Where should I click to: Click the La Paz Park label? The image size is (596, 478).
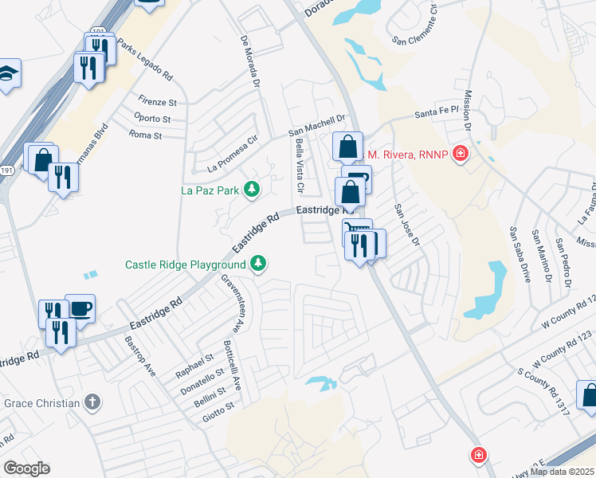[210, 190]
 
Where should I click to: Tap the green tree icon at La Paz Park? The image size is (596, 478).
[252, 189]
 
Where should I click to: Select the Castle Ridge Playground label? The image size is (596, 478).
[185, 264]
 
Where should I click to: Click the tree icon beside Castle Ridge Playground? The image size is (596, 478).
[257, 263]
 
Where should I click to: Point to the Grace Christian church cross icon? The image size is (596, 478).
[92, 402]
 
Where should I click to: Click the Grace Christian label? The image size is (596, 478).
[42, 402]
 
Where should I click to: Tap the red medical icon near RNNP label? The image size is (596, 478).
[460, 154]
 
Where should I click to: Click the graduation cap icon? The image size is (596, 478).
[9, 73]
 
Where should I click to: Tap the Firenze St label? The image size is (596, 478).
[157, 103]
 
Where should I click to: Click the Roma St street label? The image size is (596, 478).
[145, 135]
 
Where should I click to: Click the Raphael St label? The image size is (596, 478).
[195, 365]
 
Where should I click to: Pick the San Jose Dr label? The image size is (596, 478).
[406, 224]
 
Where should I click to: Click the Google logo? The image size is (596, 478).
[27, 468]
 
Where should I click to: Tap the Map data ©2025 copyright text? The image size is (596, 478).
[562, 472]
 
